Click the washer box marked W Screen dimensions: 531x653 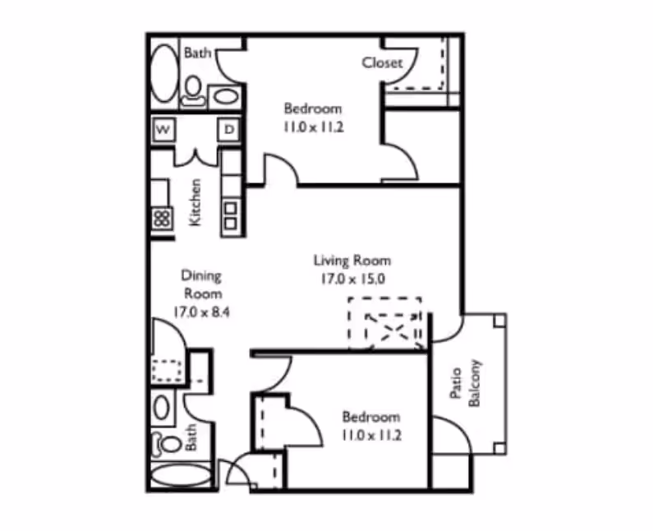(164, 130)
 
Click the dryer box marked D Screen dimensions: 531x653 (229, 130)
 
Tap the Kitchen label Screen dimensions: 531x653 (195, 202)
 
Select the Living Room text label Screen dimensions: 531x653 (352, 261)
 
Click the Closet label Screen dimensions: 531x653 (382, 62)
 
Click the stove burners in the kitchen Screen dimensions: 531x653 (162, 218)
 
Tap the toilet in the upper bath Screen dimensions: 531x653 (194, 88)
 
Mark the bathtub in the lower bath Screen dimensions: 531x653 (182, 476)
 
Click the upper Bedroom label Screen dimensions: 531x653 (312, 108)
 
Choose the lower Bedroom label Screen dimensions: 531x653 (371, 417)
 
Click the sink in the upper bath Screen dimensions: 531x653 (224, 95)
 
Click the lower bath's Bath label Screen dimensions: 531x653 (192, 436)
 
